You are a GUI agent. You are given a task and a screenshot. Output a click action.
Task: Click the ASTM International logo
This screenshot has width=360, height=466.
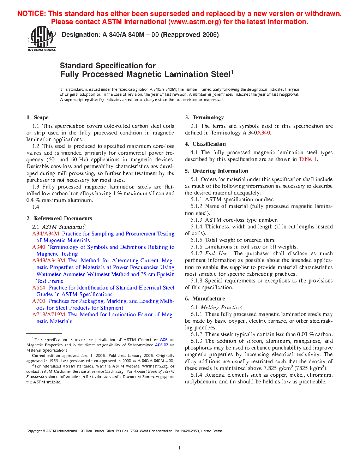[x=42, y=39]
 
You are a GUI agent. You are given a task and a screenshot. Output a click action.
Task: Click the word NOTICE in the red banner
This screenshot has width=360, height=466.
[x=31, y=14]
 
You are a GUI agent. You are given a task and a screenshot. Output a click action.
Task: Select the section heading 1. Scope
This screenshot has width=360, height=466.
[x=37, y=118]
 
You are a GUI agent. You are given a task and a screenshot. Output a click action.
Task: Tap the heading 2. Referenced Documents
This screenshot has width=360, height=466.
[x=59, y=219]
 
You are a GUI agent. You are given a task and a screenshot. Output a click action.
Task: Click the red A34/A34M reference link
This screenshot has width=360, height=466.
[x=46, y=234]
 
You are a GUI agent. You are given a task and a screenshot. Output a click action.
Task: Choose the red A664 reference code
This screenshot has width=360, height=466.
[x=39, y=288]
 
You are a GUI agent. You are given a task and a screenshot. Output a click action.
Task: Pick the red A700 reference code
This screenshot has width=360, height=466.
[x=39, y=301]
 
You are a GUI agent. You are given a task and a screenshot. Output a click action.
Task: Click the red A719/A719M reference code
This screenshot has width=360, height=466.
[x=49, y=315]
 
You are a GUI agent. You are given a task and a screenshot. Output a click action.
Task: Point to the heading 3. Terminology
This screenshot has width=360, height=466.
[x=204, y=118]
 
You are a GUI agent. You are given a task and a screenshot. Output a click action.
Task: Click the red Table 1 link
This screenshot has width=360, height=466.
[x=308, y=159]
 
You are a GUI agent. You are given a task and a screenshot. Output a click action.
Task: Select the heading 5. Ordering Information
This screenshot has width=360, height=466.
[x=216, y=171]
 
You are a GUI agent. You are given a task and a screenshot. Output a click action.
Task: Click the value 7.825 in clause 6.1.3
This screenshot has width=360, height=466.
[x=270, y=368]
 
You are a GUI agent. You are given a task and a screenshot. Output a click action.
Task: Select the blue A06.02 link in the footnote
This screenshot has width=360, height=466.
[x=162, y=345]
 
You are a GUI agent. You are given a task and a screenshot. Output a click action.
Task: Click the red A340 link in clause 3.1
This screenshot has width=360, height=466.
[x=264, y=133]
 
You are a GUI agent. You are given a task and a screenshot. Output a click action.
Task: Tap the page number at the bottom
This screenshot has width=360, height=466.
[x=180, y=448]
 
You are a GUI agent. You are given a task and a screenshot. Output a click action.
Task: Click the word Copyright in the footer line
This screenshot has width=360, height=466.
[x=34, y=431]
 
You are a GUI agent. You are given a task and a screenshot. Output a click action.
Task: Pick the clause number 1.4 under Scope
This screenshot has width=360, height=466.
[x=36, y=207]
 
